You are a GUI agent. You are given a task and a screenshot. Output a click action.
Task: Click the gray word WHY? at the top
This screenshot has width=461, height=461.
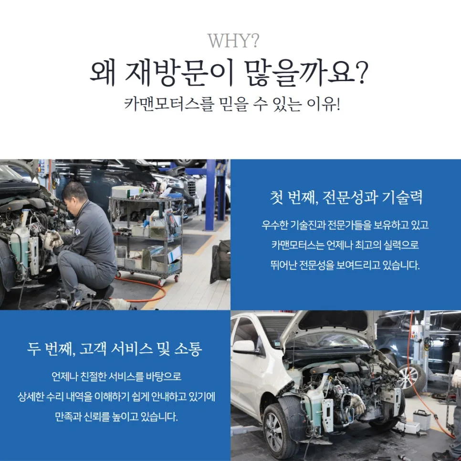coord(233,41)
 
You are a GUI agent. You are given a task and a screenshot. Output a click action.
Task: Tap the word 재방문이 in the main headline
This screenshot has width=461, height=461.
coord(179,73)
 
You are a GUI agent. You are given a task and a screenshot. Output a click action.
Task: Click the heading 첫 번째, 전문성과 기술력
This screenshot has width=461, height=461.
coord(346,197)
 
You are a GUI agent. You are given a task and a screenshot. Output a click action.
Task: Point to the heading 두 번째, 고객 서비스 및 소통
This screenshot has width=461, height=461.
coord(115,349)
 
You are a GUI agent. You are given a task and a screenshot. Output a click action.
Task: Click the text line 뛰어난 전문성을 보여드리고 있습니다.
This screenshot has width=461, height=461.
coord(345,265)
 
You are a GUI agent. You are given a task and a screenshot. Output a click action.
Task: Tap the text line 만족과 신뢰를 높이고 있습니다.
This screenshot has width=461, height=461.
coord(116,417)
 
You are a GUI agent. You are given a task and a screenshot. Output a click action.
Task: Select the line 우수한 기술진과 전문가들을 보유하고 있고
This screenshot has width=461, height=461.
coord(345,225)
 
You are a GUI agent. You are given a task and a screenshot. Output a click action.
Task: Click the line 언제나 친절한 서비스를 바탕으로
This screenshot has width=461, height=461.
coord(116,377)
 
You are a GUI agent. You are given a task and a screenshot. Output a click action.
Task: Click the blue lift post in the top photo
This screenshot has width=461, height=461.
coord(211,195)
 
